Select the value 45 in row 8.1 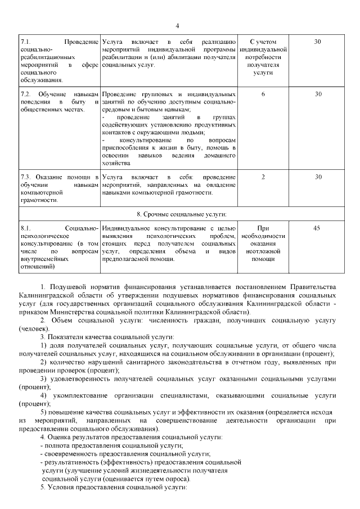coord(317,228)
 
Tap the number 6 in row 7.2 coord(263,93)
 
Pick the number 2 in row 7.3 coord(263,177)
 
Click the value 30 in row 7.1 coord(317,42)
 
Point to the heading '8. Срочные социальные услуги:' coord(181,214)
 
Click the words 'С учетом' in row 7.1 coord(263,42)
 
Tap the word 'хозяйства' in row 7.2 coord(117,163)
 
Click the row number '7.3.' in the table coord(26,177)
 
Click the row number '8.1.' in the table coord(26,228)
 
